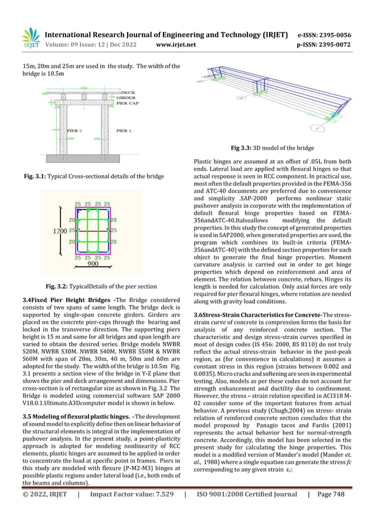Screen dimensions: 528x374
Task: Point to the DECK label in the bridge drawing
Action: pos(128,92)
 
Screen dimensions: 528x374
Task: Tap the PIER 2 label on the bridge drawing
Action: pos(74,131)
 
